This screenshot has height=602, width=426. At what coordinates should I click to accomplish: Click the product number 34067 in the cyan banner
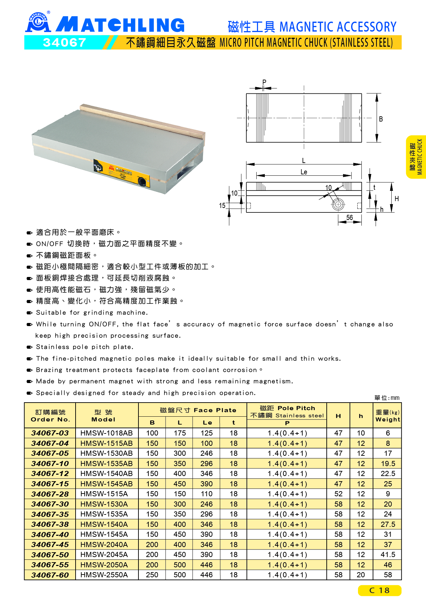pos(64,43)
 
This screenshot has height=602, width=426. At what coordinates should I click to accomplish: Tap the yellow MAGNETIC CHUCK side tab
pos(416,157)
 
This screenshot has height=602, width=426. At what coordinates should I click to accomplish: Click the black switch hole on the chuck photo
pos(142,181)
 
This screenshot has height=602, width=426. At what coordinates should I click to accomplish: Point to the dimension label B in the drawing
pos(381,119)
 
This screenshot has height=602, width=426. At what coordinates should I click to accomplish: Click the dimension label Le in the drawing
pos(304,172)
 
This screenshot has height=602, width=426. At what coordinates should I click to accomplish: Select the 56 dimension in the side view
pos(349,218)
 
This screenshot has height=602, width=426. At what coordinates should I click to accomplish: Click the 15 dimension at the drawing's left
pos(222,206)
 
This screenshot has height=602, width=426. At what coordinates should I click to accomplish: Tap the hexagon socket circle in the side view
pos(338,205)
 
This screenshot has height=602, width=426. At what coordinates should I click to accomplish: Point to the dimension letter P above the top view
pos(264,82)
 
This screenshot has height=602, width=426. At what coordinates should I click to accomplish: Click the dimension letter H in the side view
pos(396,199)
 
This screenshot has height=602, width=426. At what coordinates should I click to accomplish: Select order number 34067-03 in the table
pos(50,433)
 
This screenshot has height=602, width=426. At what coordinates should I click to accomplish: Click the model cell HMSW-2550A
pos(104,575)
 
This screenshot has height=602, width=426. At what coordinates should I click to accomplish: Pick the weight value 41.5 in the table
pos(388,555)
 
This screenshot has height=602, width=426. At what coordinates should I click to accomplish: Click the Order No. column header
pos(50,416)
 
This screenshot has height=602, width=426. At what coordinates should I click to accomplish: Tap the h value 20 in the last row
pos(361,575)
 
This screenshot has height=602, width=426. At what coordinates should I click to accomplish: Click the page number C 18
pos(379,590)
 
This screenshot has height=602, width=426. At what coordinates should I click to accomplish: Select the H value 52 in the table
pos(338,494)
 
